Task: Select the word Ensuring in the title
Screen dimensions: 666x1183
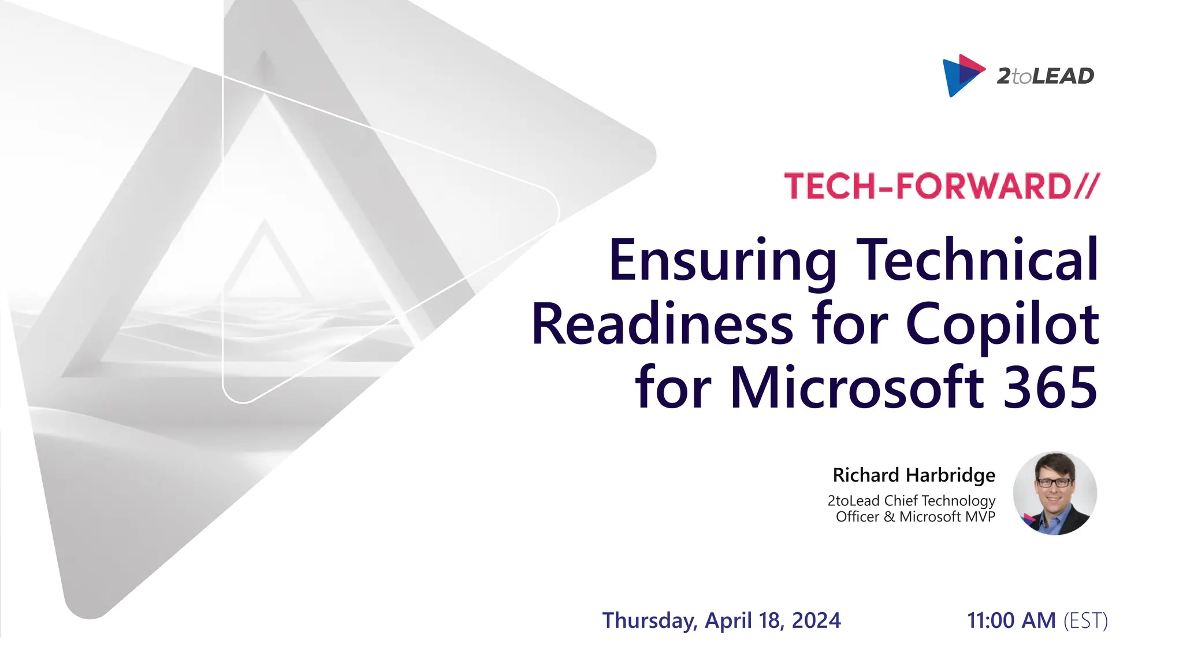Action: point(722,260)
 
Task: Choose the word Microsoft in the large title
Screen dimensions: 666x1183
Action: point(857,387)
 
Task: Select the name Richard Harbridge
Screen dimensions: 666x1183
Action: point(914,475)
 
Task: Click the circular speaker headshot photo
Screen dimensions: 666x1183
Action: point(1055,493)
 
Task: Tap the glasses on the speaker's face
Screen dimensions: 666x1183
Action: point(1054,482)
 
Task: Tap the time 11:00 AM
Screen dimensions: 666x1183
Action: point(1011,621)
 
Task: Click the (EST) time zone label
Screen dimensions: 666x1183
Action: point(1085,621)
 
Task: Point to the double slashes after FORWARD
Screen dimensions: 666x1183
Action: point(1087,186)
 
